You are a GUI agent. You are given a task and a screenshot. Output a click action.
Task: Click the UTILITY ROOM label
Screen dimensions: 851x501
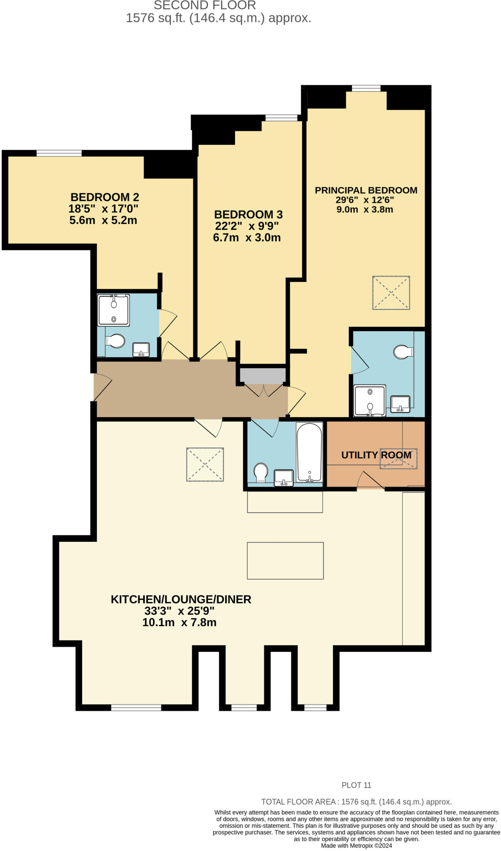[x=376, y=455]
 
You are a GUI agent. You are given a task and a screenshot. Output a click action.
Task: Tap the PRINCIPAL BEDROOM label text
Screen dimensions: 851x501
[x=366, y=190]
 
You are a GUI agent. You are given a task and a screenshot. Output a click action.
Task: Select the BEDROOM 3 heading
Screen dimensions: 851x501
[x=248, y=214]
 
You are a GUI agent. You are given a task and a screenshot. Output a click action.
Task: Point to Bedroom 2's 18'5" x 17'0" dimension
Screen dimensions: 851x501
[x=103, y=209]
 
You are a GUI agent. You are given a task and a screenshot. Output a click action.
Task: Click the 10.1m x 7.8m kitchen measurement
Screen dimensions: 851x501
[x=179, y=622]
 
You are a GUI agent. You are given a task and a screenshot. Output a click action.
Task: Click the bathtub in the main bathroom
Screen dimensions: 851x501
[x=309, y=452]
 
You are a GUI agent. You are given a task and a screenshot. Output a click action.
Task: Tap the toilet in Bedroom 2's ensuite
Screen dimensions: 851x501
[x=115, y=341]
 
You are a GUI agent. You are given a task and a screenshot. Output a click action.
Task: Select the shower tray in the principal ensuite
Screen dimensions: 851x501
[x=369, y=401]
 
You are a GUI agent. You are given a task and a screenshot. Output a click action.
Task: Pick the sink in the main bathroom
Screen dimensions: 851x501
[x=284, y=477]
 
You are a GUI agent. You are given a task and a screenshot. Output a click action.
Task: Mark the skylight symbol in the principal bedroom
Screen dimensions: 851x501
[x=391, y=293]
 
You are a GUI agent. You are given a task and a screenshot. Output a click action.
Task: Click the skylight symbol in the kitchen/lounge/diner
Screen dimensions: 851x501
[x=205, y=464]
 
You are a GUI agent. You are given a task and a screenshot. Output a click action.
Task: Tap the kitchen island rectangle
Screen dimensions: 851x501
[x=285, y=561]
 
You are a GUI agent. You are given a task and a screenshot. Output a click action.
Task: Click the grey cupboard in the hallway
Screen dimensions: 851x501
[x=263, y=376]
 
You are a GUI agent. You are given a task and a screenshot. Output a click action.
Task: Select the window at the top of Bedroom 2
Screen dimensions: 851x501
[x=59, y=153]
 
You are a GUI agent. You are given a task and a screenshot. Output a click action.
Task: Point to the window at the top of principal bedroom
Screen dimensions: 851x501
[x=366, y=88]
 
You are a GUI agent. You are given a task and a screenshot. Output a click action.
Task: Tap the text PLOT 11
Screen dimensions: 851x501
[x=356, y=785]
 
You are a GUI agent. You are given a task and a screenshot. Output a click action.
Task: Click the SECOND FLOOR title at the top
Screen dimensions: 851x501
[x=205, y=6]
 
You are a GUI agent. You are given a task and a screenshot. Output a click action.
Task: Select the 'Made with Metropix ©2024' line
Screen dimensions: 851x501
[x=356, y=846]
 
